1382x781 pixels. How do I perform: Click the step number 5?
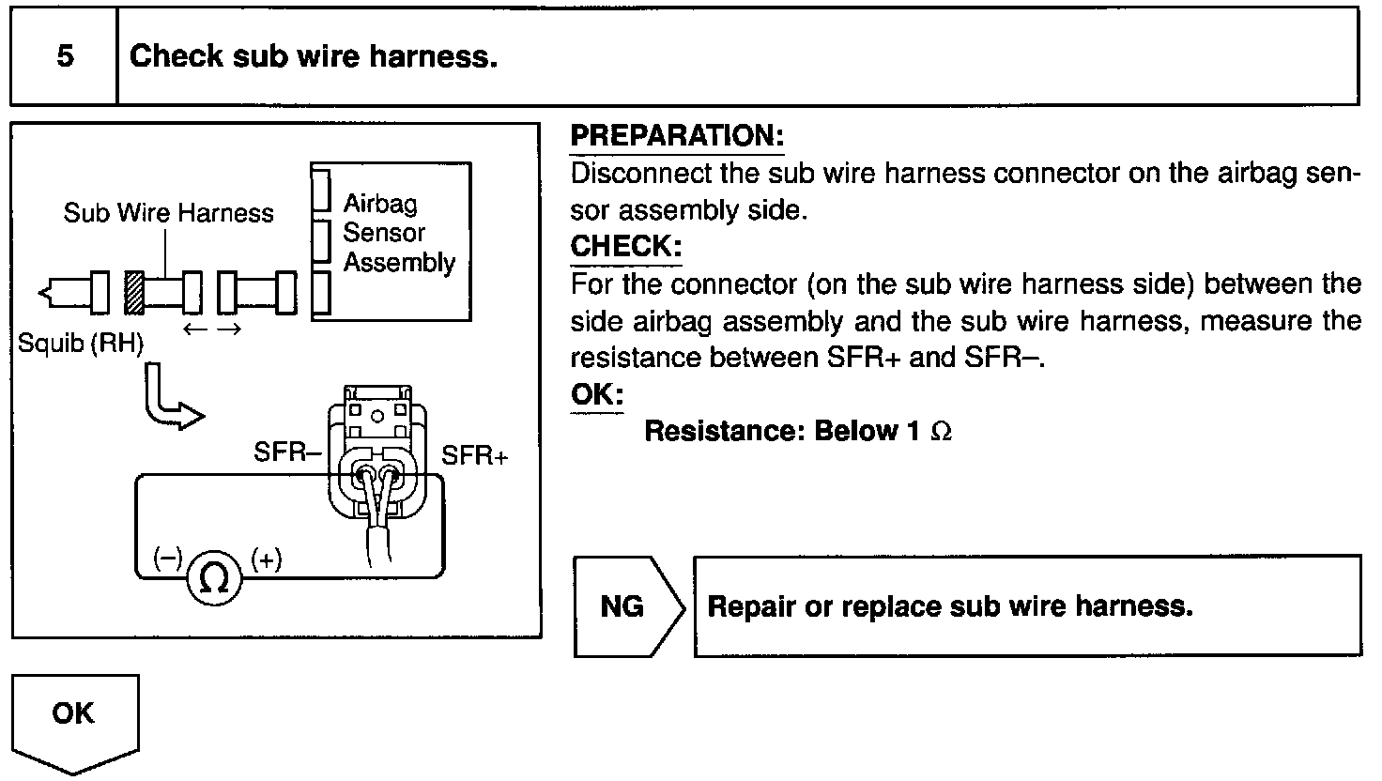pyautogui.click(x=65, y=56)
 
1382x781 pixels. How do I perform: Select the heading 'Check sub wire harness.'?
pyautogui.click(x=313, y=56)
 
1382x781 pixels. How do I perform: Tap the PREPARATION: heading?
pyautogui.click(x=676, y=136)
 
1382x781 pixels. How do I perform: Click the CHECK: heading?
pyautogui.click(x=625, y=247)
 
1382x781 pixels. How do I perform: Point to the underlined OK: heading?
pyautogui.click(x=596, y=394)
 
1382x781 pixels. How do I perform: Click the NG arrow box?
pyautogui.click(x=625, y=606)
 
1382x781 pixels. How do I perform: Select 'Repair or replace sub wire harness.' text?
pyautogui.click(x=949, y=606)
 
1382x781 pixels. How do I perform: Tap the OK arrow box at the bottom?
pyautogui.click(x=74, y=718)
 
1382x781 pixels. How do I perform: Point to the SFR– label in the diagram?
pyautogui.click(x=287, y=452)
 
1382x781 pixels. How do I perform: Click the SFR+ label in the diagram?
pyautogui.click(x=475, y=456)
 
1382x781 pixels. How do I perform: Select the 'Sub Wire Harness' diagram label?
pyautogui.click(x=168, y=213)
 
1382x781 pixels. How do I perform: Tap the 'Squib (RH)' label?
pyautogui.click(x=81, y=344)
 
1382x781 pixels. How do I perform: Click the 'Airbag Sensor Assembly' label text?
pyautogui.click(x=397, y=233)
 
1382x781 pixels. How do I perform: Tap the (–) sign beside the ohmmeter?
pyautogui.click(x=167, y=559)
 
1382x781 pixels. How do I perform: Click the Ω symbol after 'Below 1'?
pyautogui.click(x=940, y=432)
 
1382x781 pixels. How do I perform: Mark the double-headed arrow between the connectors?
pyautogui.click(x=213, y=329)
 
